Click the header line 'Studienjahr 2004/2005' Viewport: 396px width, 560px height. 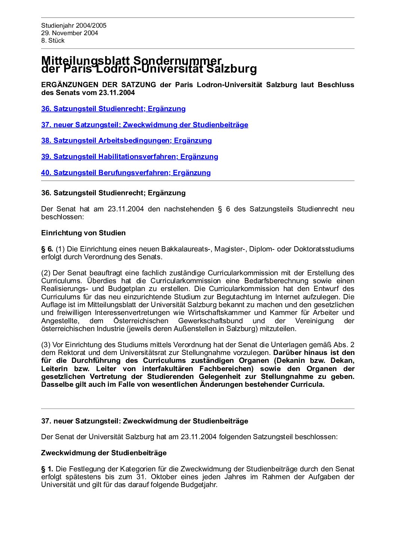tap(74, 25)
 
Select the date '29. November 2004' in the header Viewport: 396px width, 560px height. tap(70, 33)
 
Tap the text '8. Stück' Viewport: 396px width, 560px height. tap(53, 40)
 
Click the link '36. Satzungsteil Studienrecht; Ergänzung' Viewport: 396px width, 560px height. tap(113, 109)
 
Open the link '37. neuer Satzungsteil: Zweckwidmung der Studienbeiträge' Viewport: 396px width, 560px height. tap(144, 125)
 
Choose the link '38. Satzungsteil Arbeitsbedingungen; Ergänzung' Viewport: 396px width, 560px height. tap(127, 141)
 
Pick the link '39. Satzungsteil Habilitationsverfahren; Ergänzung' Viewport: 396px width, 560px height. tap(130, 157)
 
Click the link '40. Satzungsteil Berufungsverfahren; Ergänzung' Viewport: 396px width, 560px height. tap(126, 173)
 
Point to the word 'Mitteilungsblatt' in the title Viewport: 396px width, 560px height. tap(85, 60)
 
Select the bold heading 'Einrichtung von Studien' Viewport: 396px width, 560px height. tap(83, 233)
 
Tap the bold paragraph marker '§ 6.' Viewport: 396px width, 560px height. tap(47, 249)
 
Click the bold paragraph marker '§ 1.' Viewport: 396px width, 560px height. tap(47, 469)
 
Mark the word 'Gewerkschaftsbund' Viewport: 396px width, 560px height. tap(210, 321)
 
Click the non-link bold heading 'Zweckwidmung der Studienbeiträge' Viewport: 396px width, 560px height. tap(104, 453)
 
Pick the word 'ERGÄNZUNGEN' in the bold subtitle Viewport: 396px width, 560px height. tap(70, 85)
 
